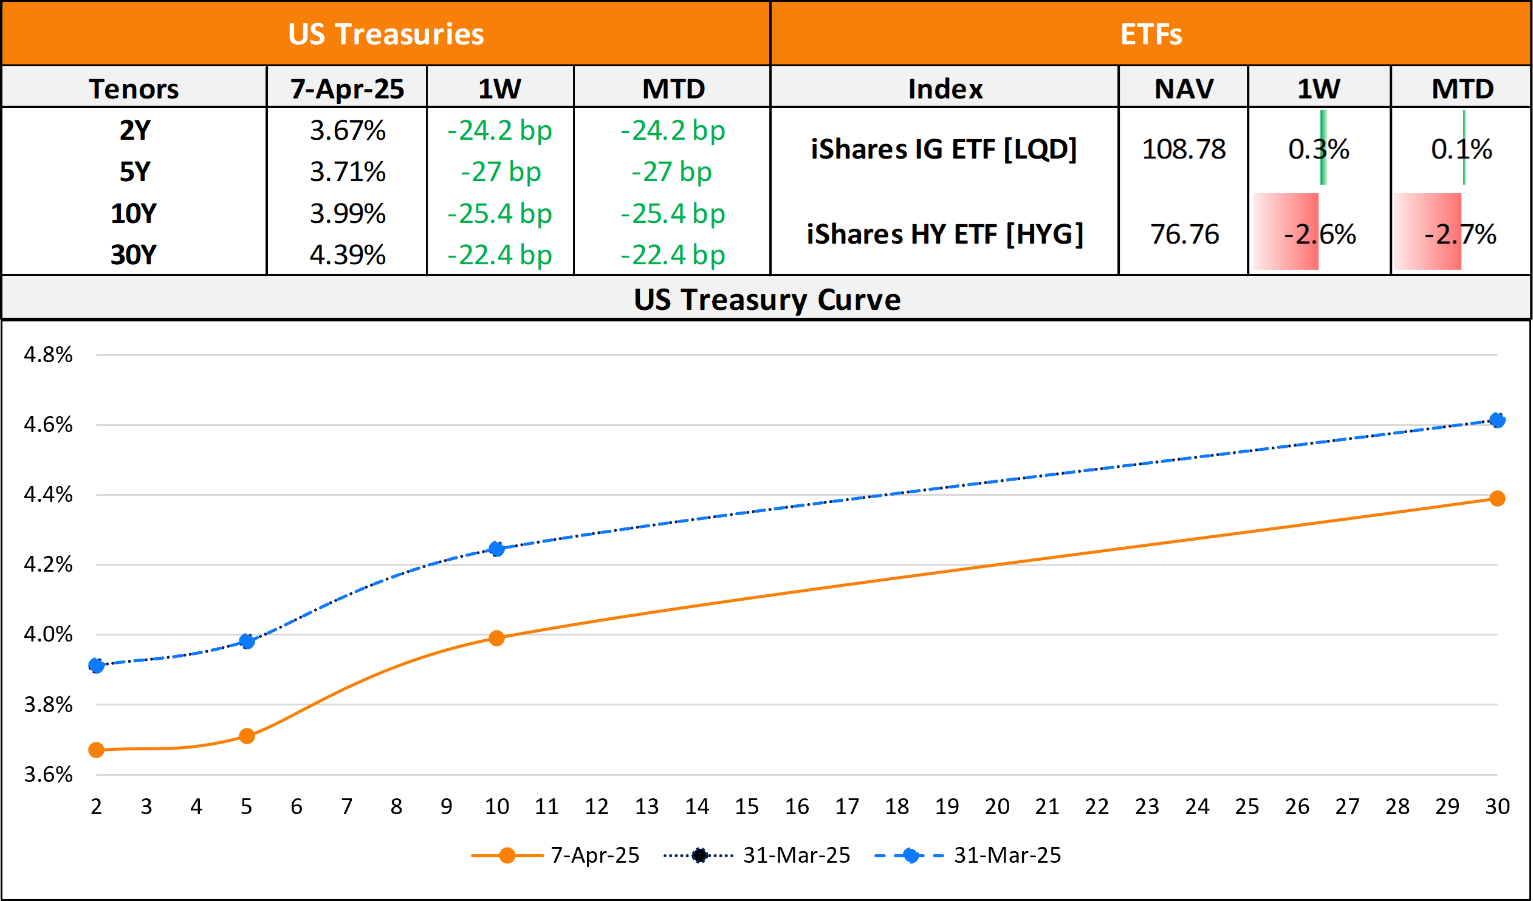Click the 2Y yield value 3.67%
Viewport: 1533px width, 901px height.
pos(348,131)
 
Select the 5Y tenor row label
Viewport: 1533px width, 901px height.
pos(134,172)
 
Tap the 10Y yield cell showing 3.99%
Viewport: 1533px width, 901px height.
pos(348,213)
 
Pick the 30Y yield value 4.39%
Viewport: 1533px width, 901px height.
pos(348,255)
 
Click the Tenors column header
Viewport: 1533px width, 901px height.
pos(134,89)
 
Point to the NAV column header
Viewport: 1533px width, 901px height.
pos(1184,89)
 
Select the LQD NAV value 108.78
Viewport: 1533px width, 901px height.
pos(1184,149)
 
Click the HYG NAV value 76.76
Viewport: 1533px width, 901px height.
pos(1184,235)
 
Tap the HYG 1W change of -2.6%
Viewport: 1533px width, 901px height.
pos(1320,235)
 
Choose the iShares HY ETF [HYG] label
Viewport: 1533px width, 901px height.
pos(945,235)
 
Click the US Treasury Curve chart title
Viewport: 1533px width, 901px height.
pos(767,300)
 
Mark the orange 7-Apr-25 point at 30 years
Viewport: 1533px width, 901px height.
pos(1497,499)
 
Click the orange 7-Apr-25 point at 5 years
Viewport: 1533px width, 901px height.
pos(246,736)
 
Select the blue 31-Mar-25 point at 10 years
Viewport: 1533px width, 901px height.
pos(496,549)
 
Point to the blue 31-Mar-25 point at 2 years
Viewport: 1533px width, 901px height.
pos(96,665)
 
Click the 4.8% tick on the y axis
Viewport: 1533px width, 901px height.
pos(48,355)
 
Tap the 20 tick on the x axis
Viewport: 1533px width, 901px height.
pos(997,807)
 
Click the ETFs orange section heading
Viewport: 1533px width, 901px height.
pos(1151,34)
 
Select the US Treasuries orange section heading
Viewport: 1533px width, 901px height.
pos(386,34)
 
